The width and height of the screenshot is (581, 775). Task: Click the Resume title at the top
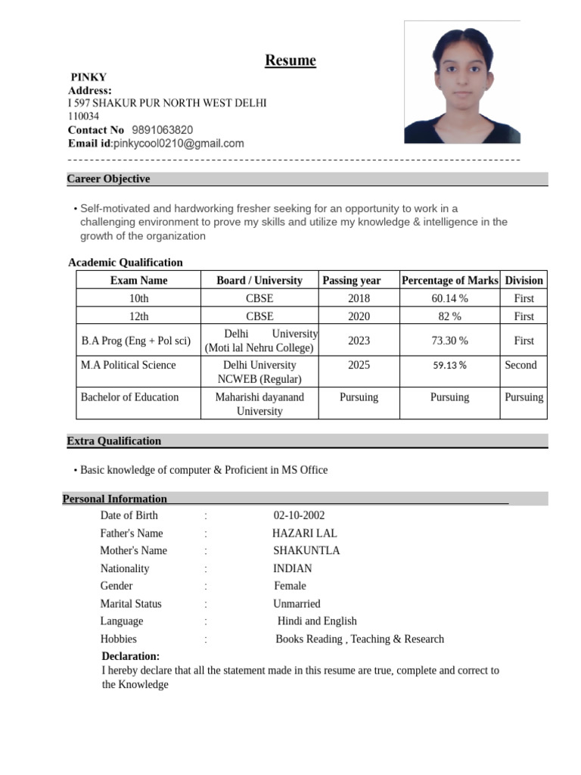290,61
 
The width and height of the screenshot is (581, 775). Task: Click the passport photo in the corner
461,82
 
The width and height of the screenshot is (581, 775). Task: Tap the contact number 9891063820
162,129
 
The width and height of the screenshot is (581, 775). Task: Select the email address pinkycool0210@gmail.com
179,143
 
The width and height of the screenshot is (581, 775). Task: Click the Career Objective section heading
108,179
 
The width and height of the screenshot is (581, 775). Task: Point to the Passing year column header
351,280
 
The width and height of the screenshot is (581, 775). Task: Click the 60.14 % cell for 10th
449,299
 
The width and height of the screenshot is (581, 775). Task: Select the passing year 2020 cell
359,316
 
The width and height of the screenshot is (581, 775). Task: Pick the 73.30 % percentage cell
449,341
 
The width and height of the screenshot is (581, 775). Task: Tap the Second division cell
520,365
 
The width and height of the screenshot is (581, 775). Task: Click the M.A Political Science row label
128,365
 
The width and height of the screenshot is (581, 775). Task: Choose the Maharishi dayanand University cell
259,404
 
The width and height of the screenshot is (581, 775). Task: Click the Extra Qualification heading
113,440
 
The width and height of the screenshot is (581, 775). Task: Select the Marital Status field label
131,604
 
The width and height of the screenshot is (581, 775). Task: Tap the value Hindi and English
317,621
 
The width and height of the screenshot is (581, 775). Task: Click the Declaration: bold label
130,656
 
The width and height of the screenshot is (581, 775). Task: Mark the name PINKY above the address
89,77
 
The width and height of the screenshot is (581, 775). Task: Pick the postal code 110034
83,117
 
